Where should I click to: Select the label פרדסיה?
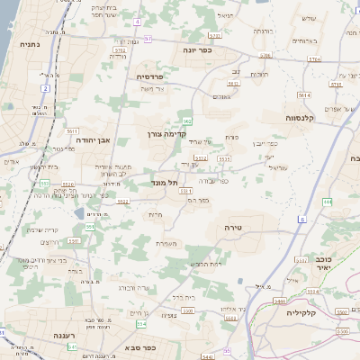point(154,76)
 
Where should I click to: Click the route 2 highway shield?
point(45,89)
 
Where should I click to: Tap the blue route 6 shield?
point(301,219)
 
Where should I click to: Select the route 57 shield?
point(148,39)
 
